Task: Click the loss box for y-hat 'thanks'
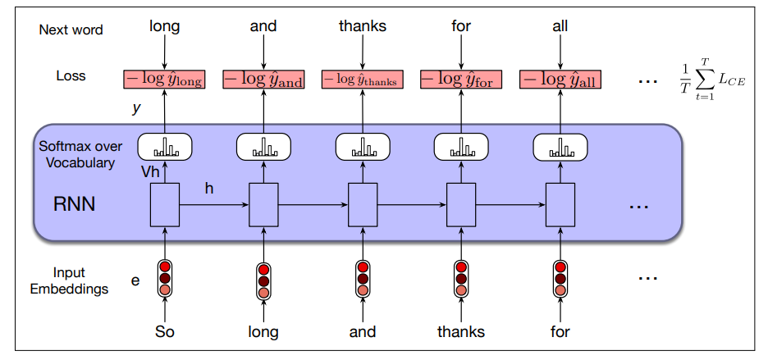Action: pyautogui.click(x=362, y=79)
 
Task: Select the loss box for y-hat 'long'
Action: pyautogui.click(x=164, y=79)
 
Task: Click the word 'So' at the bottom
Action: pyautogui.click(x=165, y=332)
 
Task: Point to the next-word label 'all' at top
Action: pyautogui.click(x=560, y=26)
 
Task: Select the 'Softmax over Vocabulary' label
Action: pyautogui.click(x=80, y=154)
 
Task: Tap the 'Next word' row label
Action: pyautogui.click(x=71, y=30)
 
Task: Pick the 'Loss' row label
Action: pyautogui.click(x=71, y=76)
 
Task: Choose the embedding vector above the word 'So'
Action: pyautogui.click(x=165, y=278)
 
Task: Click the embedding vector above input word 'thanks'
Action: pyautogui.click(x=461, y=278)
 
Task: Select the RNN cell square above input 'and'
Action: pyautogui.click(x=362, y=204)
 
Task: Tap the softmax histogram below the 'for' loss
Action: pyautogui.click(x=461, y=147)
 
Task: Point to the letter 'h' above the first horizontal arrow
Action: pyautogui.click(x=209, y=188)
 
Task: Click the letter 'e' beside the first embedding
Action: pyautogui.click(x=135, y=280)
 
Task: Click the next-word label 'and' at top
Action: pyautogui.click(x=263, y=26)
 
